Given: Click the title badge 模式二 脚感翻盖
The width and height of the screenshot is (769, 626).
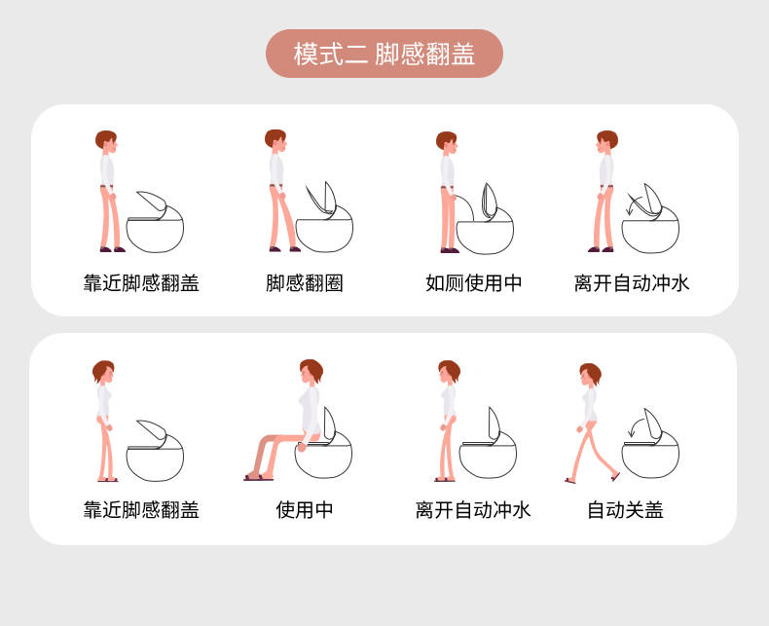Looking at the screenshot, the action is click(x=384, y=54).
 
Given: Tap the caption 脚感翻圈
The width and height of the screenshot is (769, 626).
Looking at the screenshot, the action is click(x=304, y=283).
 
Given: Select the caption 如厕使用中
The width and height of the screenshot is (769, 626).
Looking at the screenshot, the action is click(x=473, y=283).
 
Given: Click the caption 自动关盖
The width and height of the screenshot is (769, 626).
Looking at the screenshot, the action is click(x=625, y=510).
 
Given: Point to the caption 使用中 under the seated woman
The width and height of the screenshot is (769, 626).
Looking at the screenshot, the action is click(x=304, y=510).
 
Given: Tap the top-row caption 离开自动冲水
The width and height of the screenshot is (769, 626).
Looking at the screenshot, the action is click(x=632, y=283).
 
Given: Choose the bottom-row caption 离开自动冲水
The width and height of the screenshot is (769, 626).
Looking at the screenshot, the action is click(x=473, y=510).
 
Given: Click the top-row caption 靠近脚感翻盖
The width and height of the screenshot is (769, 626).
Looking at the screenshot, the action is click(x=141, y=283).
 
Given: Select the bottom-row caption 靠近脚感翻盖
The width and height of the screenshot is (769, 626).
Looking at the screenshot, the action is click(x=141, y=510).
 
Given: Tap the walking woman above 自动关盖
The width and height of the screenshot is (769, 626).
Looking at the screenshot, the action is click(x=591, y=423).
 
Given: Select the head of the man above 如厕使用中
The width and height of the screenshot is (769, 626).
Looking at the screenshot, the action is click(x=447, y=142).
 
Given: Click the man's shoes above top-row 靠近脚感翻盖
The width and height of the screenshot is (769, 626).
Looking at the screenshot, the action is click(x=112, y=249).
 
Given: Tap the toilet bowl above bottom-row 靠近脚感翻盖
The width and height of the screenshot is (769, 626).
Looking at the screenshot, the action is click(x=155, y=462).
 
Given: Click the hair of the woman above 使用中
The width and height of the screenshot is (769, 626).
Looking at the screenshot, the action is click(x=312, y=368).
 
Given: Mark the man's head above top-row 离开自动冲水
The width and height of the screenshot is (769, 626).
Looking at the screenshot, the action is click(x=606, y=141).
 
